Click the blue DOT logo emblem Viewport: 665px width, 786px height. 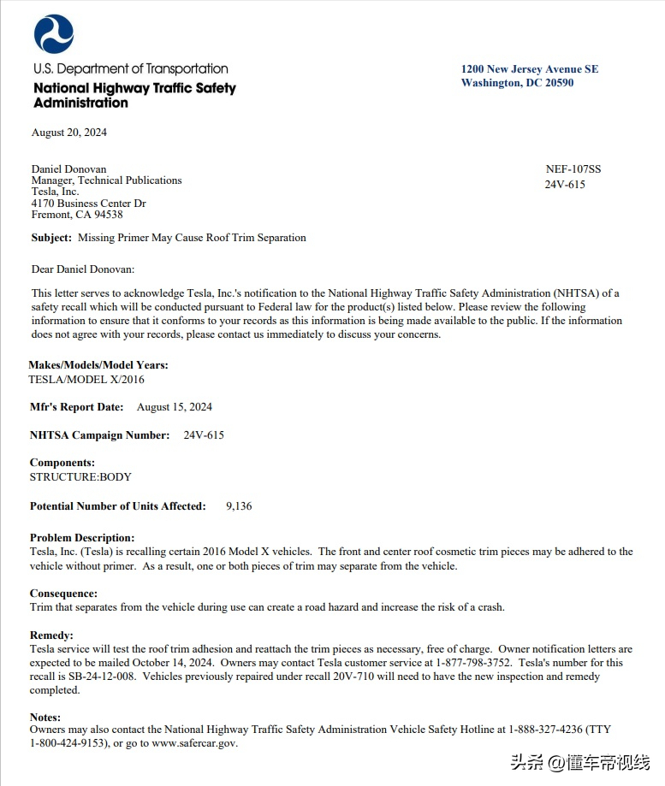54,34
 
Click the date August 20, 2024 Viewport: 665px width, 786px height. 69,133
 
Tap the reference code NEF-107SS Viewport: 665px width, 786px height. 573,169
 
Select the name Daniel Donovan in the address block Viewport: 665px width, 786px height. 69,169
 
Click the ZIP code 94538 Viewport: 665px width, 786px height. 106,215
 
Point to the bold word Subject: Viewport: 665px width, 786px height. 51,238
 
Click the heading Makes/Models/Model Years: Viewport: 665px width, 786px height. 98,365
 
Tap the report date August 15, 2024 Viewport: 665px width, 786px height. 175,407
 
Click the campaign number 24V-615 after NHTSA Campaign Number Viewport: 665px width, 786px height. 204,435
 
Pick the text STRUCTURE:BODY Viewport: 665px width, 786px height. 80,476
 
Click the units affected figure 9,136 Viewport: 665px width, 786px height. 239,506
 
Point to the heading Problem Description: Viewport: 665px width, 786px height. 82,538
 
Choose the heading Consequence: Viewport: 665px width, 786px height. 63,594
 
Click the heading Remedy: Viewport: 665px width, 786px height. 52,636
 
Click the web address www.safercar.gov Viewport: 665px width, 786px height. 193,743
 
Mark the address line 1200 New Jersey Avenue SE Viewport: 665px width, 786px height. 530,69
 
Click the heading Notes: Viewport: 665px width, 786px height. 45,717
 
